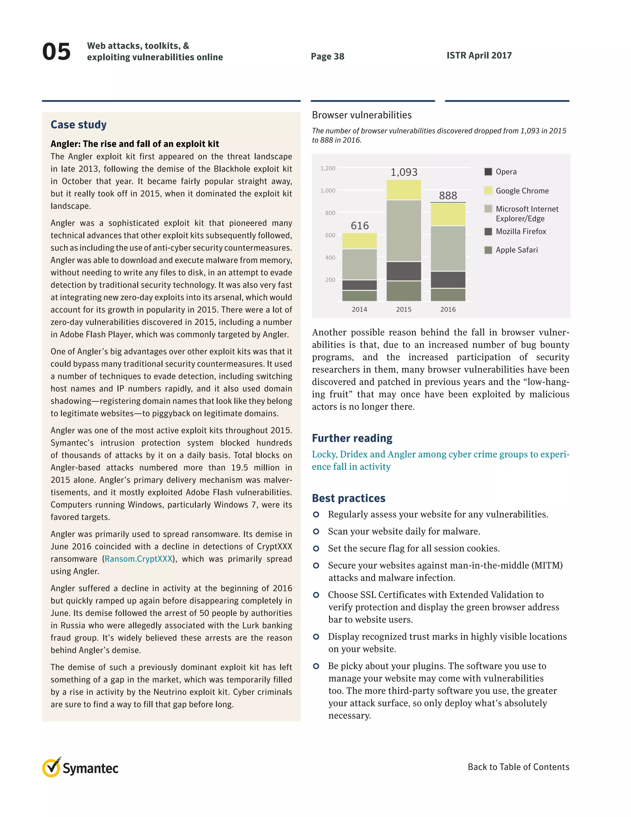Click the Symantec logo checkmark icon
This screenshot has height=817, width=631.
51,768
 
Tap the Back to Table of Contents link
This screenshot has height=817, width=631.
518,767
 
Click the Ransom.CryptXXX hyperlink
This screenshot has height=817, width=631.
138,559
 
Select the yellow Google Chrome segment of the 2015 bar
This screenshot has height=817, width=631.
403,190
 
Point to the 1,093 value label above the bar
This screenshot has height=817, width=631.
404,172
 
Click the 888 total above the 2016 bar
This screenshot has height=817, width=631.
448,195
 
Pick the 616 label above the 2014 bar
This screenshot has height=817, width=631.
360,226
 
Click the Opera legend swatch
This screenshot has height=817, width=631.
488,172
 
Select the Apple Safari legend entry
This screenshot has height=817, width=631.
516,250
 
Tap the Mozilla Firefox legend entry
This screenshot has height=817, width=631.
520,232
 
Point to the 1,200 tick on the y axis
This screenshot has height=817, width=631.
328,168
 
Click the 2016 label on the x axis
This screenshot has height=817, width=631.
448,309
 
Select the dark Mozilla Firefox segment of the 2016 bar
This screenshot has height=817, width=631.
448,279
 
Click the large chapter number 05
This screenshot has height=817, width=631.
56,51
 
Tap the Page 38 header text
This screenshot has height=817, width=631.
328,56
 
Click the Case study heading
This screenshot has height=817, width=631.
79,125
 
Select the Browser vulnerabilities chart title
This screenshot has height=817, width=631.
361,115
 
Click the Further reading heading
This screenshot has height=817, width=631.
352,438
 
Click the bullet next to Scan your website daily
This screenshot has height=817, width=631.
316,531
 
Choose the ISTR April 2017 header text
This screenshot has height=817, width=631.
479,55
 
